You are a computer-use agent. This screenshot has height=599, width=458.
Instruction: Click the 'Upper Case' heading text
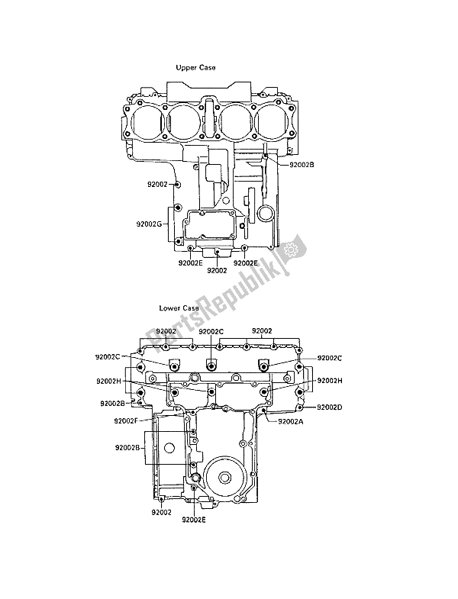pyautogui.click(x=195, y=68)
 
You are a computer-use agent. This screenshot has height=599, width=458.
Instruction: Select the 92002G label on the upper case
pyautogui.click(x=149, y=224)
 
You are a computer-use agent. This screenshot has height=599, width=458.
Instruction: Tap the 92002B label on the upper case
pyautogui.click(x=301, y=163)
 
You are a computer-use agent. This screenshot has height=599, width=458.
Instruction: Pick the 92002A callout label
pyautogui.click(x=291, y=420)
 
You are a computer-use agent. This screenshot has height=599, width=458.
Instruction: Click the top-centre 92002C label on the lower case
pyautogui.click(x=211, y=332)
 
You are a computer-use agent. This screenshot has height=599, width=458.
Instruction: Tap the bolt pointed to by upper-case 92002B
pyautogui.click(x=265, y=156)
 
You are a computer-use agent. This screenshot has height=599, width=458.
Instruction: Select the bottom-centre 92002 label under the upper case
pyautogui.click(x=218, y=270)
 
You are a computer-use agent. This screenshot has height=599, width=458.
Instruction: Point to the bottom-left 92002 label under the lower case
pyautogui.click(x=161, y=512)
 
